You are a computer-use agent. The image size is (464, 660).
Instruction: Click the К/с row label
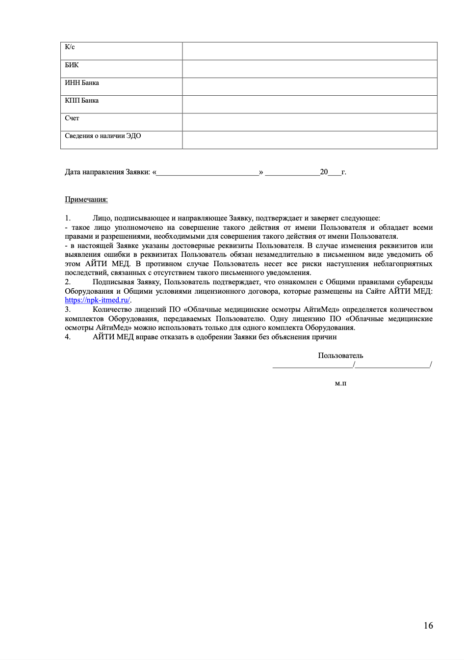pyautogui.click(x=70, y=47)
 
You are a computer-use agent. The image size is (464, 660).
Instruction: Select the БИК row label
pyautogui.click(x=72, y=65)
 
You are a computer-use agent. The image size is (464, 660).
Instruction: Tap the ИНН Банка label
pyautogui.click(x=82, y=82)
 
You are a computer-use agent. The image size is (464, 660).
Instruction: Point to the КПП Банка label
pyautogui.click(x=82, y=100)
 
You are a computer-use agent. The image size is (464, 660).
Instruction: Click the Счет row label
pyautogui.click(x=72, y=118)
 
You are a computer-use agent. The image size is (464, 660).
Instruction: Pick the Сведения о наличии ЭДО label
pyautogui.click(x=103, y=136)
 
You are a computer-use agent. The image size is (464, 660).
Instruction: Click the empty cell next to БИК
pyautogui.click(x=309, y=69)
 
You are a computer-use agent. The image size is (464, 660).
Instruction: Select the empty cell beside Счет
pyautogui.click(x=309, y=122)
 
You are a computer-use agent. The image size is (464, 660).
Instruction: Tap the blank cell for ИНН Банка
pyautogui.click(x=309, y=86)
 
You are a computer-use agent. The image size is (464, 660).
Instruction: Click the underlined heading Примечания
pyautogui.click(x=86, y=199)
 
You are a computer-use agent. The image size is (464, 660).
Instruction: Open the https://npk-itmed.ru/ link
pyautogui.click(x=98, y=300)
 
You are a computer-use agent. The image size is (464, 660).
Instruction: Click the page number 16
pyautogui.click(x=428, y=625)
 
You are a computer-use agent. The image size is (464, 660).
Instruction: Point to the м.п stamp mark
pyautogui.click(x=340, y=383)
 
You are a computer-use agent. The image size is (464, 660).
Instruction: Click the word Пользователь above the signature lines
pyautogui.click(x=340, y=356)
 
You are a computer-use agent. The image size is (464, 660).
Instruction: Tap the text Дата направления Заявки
pyautogui.click(x=107, y=172)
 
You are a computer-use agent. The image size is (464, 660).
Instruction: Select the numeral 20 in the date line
pyautogui.click(x=324, y=172)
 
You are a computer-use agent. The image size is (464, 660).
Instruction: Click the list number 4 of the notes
pyautogui.click(x=68, y=337)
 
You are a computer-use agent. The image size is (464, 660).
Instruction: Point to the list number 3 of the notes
pyautogui.click(x=68, y=309)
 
